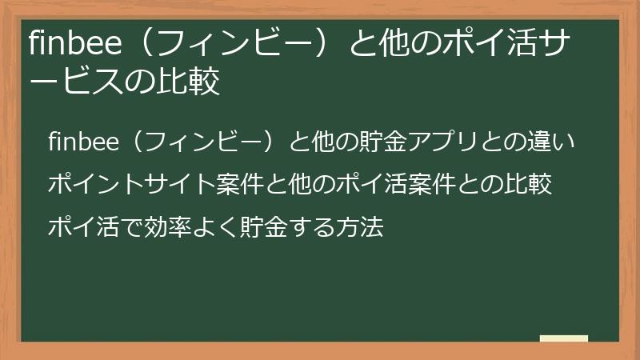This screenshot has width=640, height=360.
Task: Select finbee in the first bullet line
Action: click(83, 142)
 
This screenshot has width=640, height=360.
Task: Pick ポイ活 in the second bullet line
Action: click(378, 185)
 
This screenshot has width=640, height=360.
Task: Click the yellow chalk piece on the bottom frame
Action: click(564, 339)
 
